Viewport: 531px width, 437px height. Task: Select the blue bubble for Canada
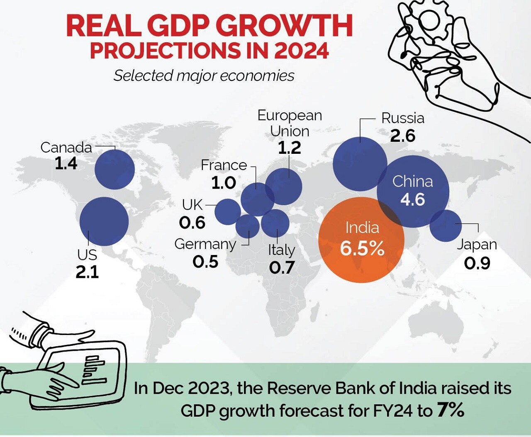114,170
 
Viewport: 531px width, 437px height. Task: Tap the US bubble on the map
104,221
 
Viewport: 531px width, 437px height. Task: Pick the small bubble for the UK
227,211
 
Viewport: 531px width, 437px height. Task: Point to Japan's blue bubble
445,226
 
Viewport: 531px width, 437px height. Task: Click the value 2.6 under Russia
402,136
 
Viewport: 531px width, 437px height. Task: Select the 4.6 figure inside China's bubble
412,200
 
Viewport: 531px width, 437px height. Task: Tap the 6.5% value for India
362,248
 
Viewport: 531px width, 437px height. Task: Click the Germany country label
205,244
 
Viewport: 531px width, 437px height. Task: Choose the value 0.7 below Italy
282,267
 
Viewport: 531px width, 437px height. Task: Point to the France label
224,165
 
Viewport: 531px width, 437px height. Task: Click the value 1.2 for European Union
289,148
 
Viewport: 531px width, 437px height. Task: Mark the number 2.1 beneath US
87,272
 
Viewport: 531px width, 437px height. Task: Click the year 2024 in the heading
302,51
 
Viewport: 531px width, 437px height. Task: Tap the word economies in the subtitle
257,75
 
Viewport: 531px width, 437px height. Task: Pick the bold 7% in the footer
450,410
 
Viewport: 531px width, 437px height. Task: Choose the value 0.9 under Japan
477,263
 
